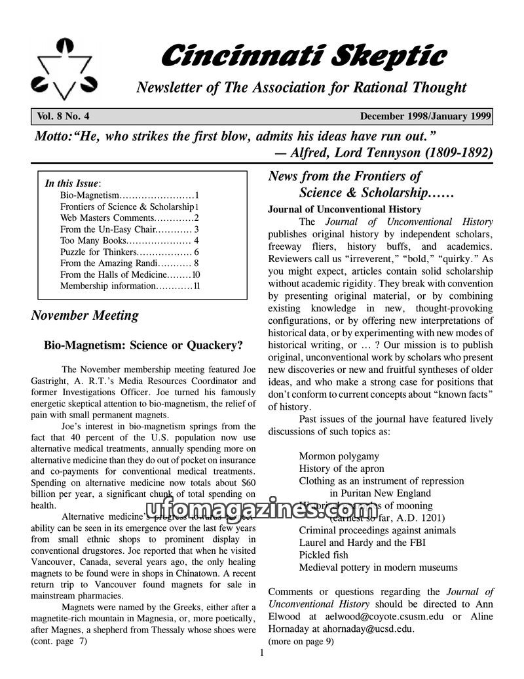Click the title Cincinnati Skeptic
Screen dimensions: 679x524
(303, 56)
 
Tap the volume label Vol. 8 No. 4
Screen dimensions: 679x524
(63, 117)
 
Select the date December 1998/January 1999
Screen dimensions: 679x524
(425, 117)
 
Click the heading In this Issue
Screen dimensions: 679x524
(71, 184)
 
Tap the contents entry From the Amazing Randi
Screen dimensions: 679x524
(103, 263)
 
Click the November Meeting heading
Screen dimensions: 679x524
(85, 315)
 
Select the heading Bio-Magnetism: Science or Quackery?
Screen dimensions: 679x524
(143, 345)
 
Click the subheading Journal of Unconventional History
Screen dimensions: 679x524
(345, 210)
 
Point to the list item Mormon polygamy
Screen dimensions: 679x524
(339, 456)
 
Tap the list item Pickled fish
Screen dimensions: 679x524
(324, 555)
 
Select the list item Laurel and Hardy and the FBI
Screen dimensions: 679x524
(360, 543)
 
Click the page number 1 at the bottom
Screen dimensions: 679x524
(261, 653)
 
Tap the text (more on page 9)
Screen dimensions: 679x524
(301, 642)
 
